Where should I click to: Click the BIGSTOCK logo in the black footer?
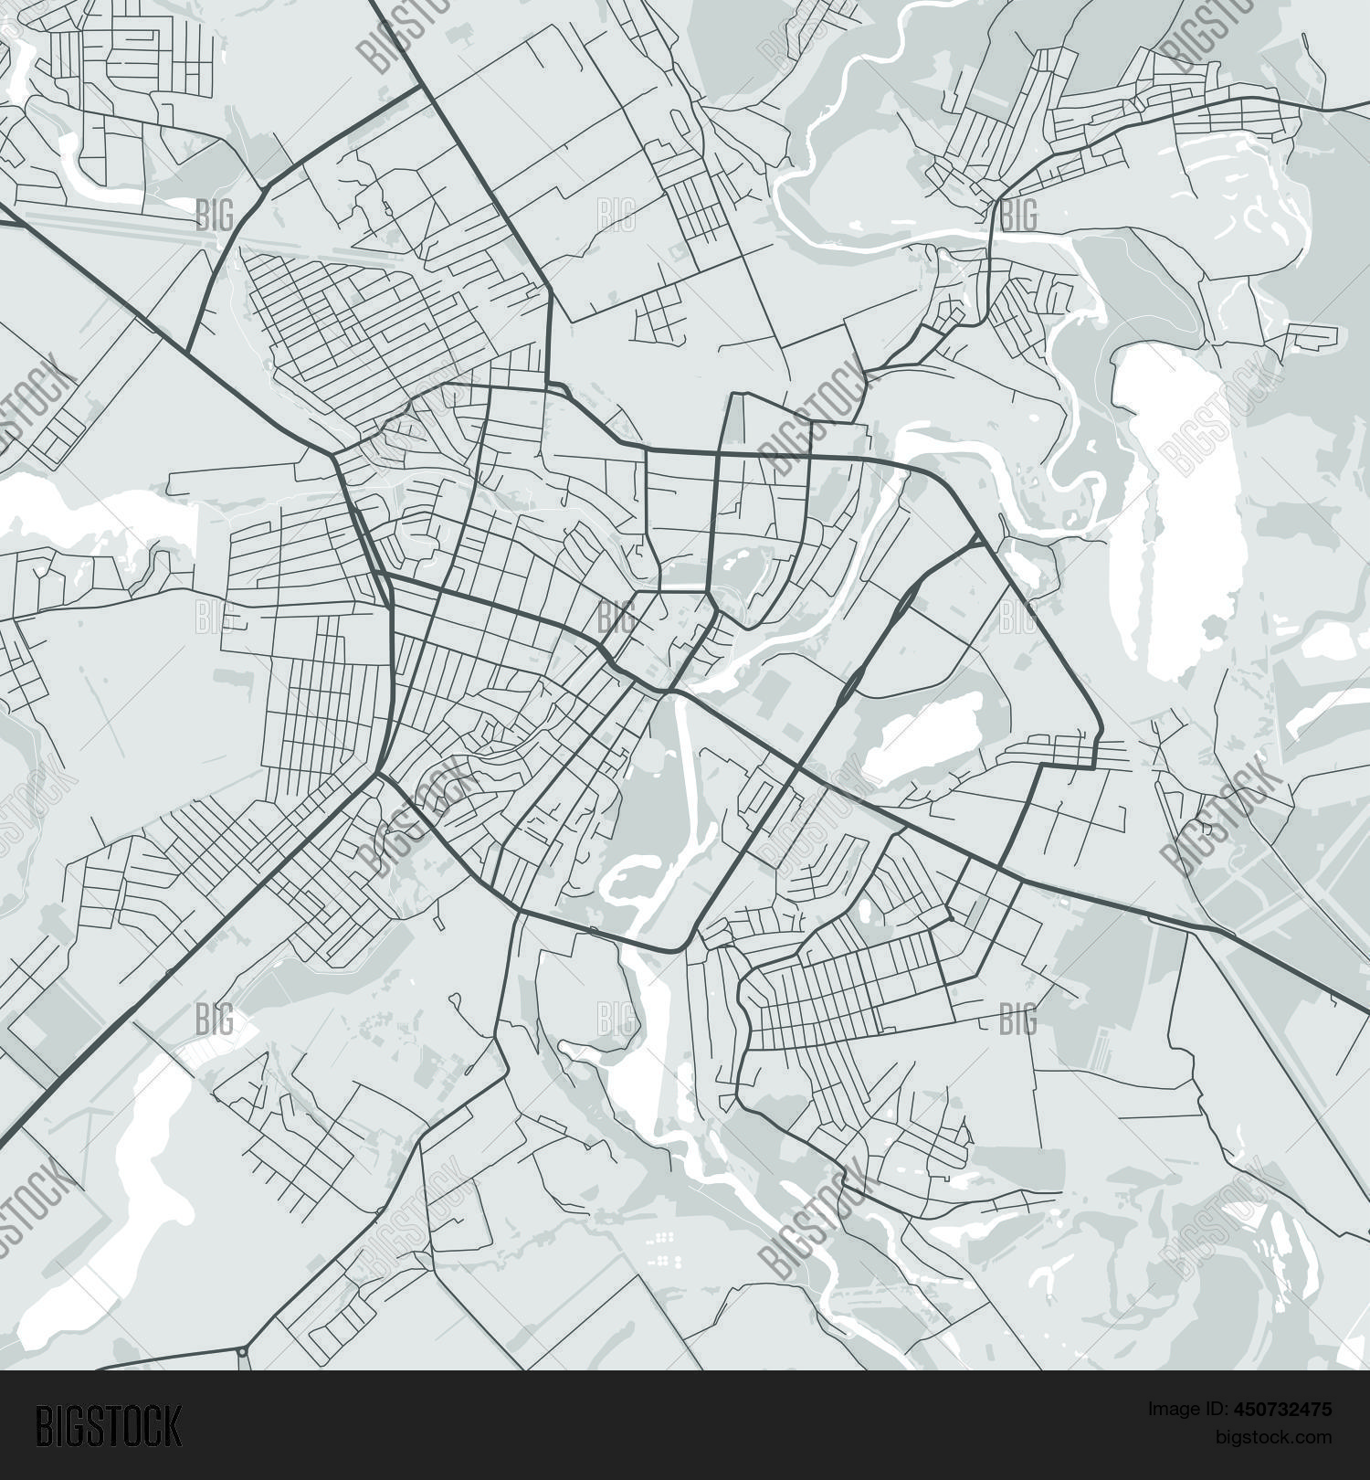[x=109, y=1426]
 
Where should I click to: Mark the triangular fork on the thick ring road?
[x=977, y=543]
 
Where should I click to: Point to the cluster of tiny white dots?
[x=665, y=1242]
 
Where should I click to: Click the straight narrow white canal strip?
[x=684, y=777]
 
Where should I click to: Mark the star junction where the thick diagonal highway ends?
[x=376, y=775]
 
